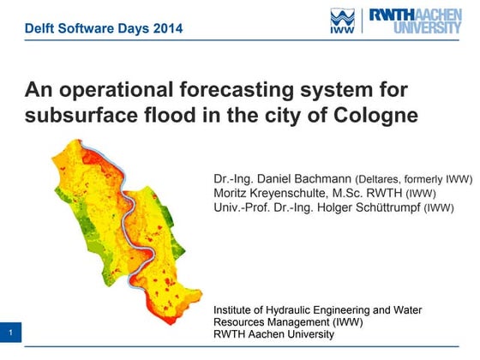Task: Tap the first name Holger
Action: coord(331,207)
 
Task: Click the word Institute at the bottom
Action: coord(236,309)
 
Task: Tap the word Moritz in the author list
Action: coord(231,193)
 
